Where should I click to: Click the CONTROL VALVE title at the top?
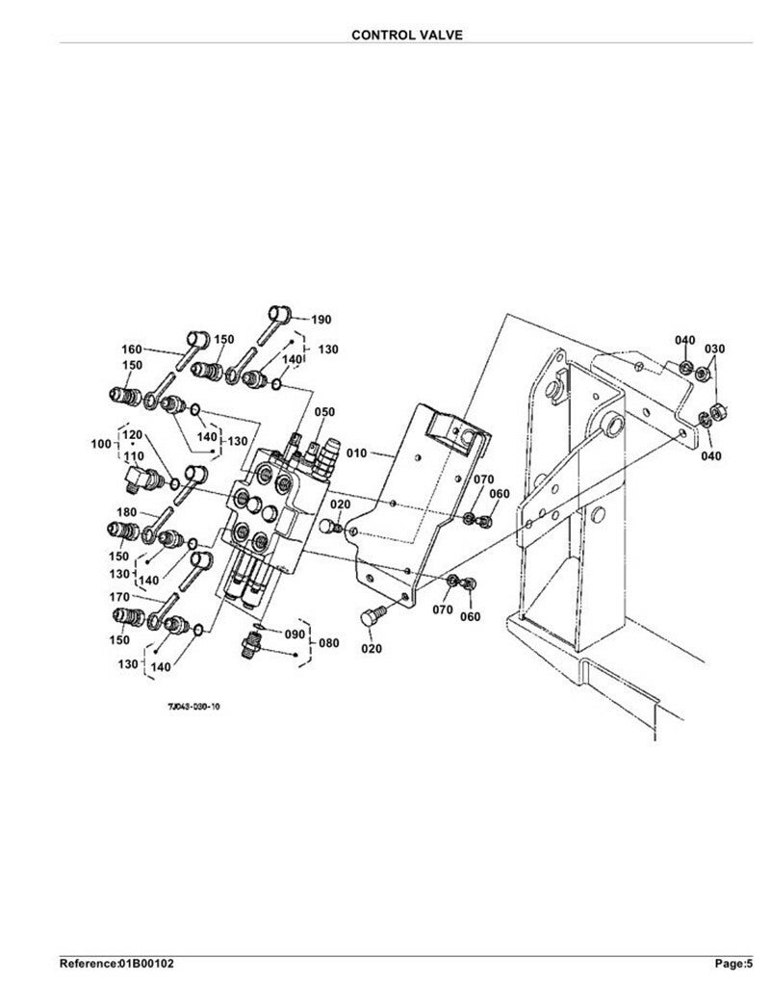[x=406, y=35]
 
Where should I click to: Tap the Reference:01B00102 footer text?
[x=116, y=963]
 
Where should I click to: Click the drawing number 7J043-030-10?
[x=193, y=706]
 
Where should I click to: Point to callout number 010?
[x=356, y=453]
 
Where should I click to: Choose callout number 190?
[x=321, y=320]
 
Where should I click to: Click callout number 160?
[x=131, y=349]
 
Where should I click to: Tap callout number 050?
[x=324, y=412]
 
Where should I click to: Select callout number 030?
[x=715, y=349]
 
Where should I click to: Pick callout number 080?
[x=329, y=642]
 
